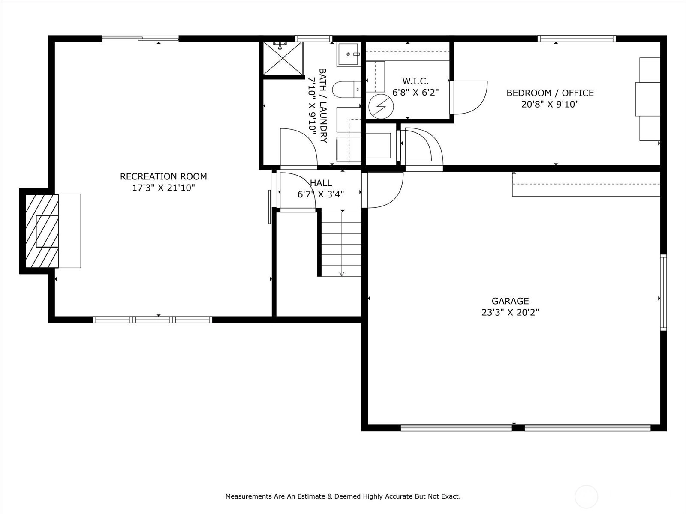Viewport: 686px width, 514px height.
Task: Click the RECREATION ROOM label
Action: point(163,176)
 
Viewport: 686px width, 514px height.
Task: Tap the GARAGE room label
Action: point(510,301)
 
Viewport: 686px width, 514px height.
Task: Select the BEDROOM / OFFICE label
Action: point(550,93)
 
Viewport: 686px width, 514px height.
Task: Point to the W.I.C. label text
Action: point(415,81)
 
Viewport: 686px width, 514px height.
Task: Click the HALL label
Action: point(321,183)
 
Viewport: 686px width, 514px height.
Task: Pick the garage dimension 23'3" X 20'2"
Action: point(510,312)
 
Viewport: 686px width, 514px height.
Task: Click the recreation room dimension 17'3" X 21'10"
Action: point(163,188)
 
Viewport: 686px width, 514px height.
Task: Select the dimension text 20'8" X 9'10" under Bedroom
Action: point(550,104)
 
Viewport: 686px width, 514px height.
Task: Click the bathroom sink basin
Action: point(348,54)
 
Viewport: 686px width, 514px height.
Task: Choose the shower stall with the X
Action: point(283,58)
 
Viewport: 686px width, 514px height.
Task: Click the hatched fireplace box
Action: point(42,231)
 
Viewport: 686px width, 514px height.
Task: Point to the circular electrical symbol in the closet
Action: point(381,106)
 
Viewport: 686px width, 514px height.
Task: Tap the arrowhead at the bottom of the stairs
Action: point(342,274)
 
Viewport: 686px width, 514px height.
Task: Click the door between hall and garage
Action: point(382,190)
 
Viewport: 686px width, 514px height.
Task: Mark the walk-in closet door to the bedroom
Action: point(469,97)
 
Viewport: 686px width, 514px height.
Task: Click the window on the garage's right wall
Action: point(664,293)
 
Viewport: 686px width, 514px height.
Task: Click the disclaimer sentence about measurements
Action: point(343,496)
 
